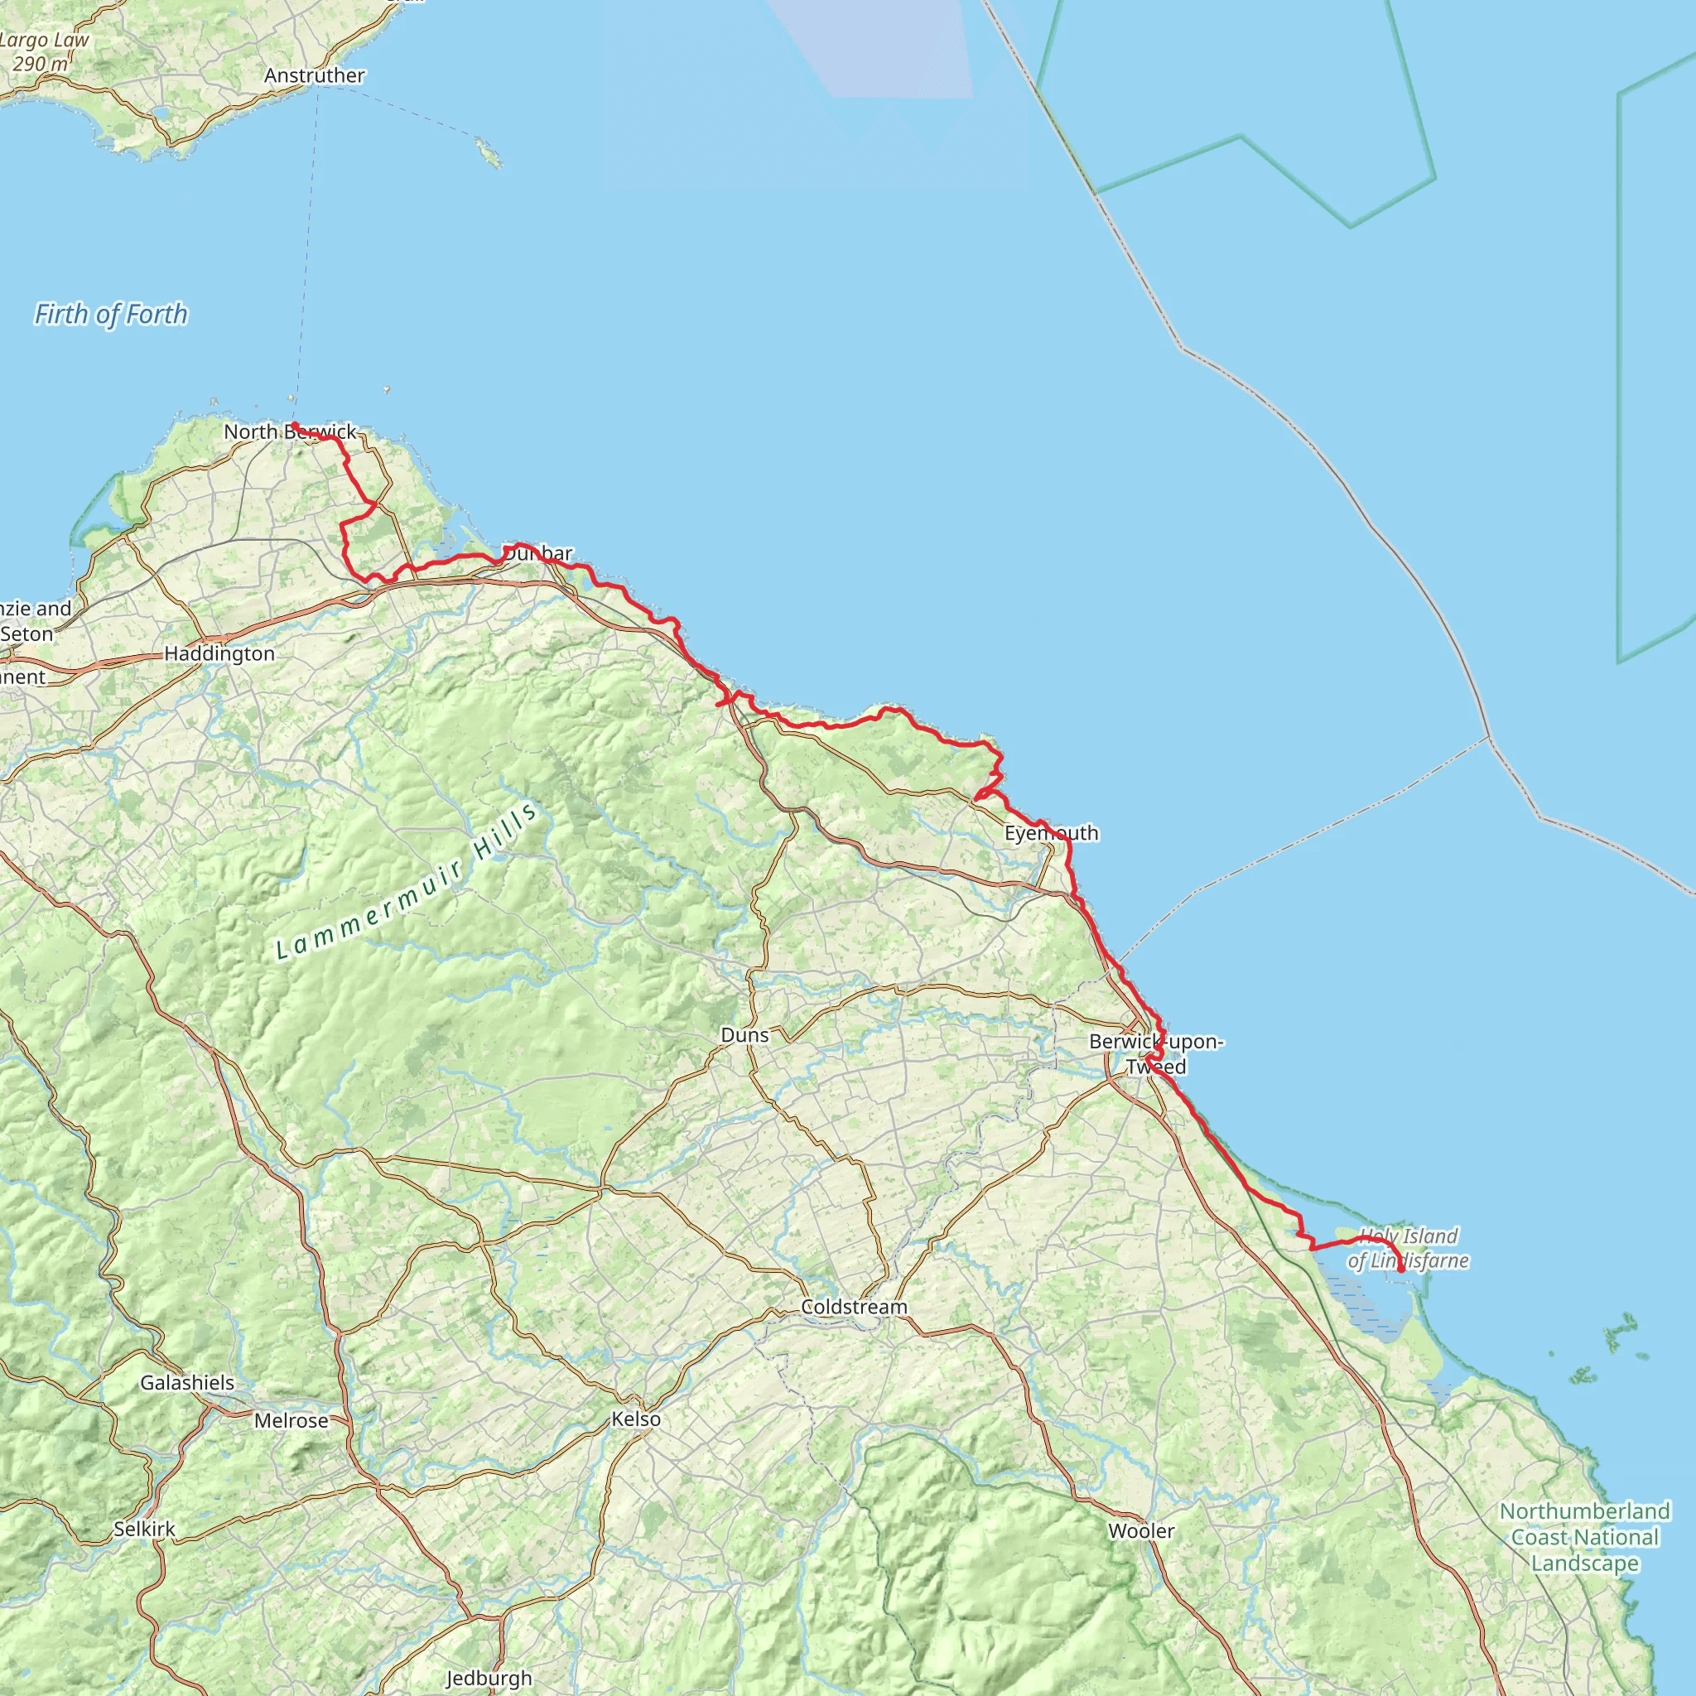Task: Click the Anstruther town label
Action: (x=314, y=75)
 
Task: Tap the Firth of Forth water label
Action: (x=111, y=314)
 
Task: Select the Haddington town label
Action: (x=219, y=654)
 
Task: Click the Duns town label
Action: (x=744, y=1035)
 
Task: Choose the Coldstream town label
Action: (x=854, y=1307)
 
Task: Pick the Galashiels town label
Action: (x=187, y=1383)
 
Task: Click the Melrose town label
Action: (x=291, y=1420)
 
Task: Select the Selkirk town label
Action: (x=145, y=1530)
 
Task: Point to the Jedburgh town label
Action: (x=489, y=1679)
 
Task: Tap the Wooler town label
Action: (x=1141, y=1531)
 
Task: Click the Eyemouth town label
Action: (x=1051, y=833)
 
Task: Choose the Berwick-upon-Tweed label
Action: (x=1156, y=1054)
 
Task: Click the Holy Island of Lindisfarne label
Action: (x=1408, y=1248)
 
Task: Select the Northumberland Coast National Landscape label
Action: (x=1584, y=1537)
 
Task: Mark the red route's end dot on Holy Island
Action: (x=1401, y=1270)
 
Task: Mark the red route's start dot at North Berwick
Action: (x=294, y=426)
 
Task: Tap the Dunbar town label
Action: (x=538, y=553)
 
